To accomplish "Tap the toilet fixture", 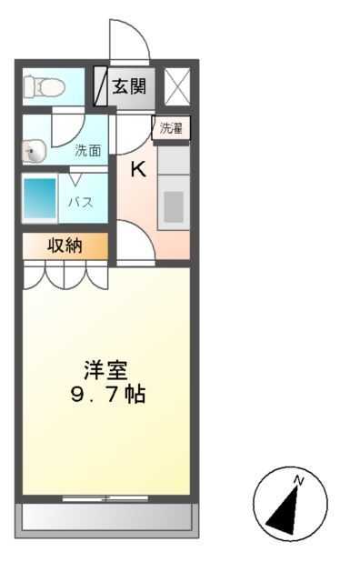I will [x=42, y=87].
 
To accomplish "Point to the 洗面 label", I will [x=87, y=150].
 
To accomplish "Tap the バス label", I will [x=81, y=202].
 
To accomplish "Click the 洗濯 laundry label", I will [x=171, y=128].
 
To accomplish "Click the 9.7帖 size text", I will [x=107, y=396].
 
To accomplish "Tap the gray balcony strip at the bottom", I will [x=106, y=517].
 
